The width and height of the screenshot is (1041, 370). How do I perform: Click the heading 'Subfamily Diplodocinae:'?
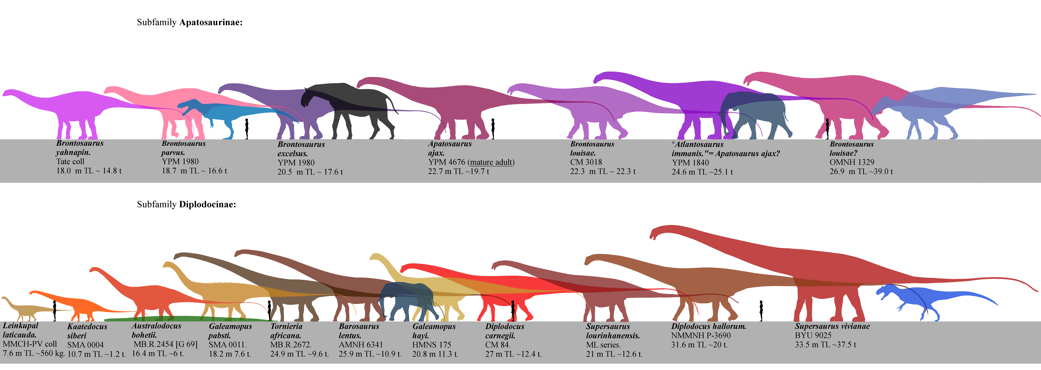(x=186, y=205)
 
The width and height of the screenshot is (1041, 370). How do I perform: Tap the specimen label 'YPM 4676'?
(x=447, y=162)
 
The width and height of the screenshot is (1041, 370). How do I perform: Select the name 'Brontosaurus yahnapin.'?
(x=80, y=148)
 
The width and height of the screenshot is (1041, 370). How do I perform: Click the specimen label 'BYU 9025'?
(x=813, y=335)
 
